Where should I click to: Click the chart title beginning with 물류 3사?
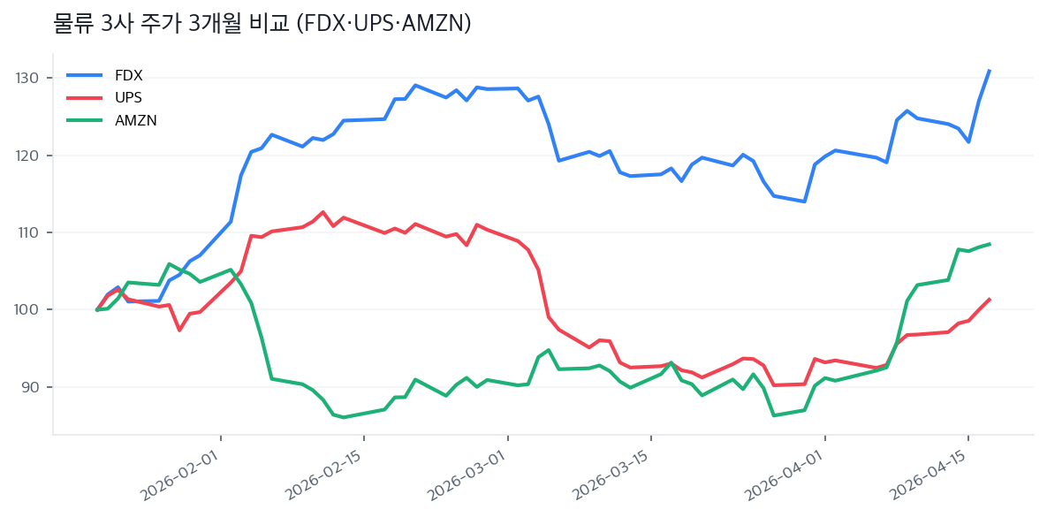(262, 25)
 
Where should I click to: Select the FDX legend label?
(128, 75)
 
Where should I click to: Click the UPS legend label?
(128, 97)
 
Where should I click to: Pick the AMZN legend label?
(135, 120)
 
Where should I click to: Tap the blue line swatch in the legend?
(85, 75)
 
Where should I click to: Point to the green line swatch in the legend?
(85, 120)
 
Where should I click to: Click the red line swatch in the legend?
(85, 97)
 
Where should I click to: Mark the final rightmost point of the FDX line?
(990, 70)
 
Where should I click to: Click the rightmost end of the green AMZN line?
(990, 244)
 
